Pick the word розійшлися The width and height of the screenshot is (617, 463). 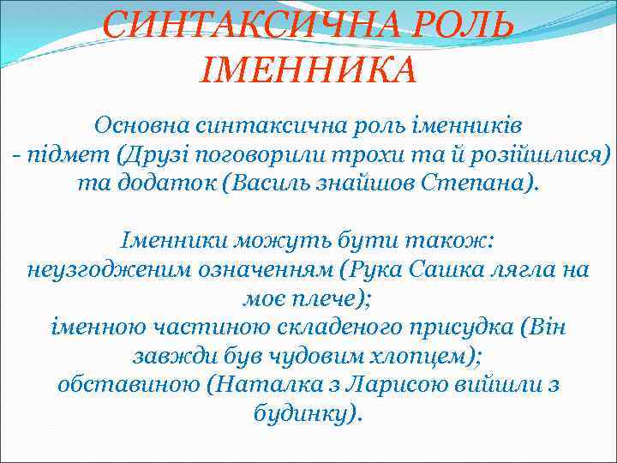pos(532,155)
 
